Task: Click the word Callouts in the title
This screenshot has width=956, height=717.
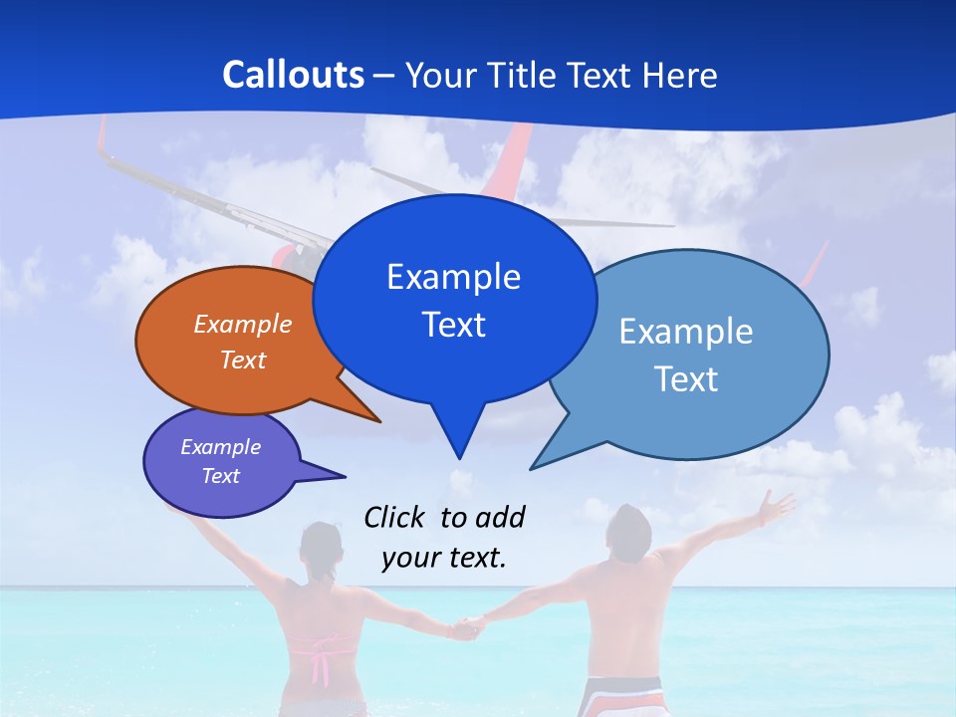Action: (293, 75)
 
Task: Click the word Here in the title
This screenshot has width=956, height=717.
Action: (681, 76)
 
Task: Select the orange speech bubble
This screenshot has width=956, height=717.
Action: (229, 339)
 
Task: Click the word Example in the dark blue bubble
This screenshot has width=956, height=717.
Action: (453, 277)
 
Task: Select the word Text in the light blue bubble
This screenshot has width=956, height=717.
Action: (686, 379)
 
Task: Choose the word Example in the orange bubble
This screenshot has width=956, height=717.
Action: (243, 325)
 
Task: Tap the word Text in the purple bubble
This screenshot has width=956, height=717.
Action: (220, 476)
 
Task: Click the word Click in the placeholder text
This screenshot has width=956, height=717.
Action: (395, 517)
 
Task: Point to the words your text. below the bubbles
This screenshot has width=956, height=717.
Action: (444, 558)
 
